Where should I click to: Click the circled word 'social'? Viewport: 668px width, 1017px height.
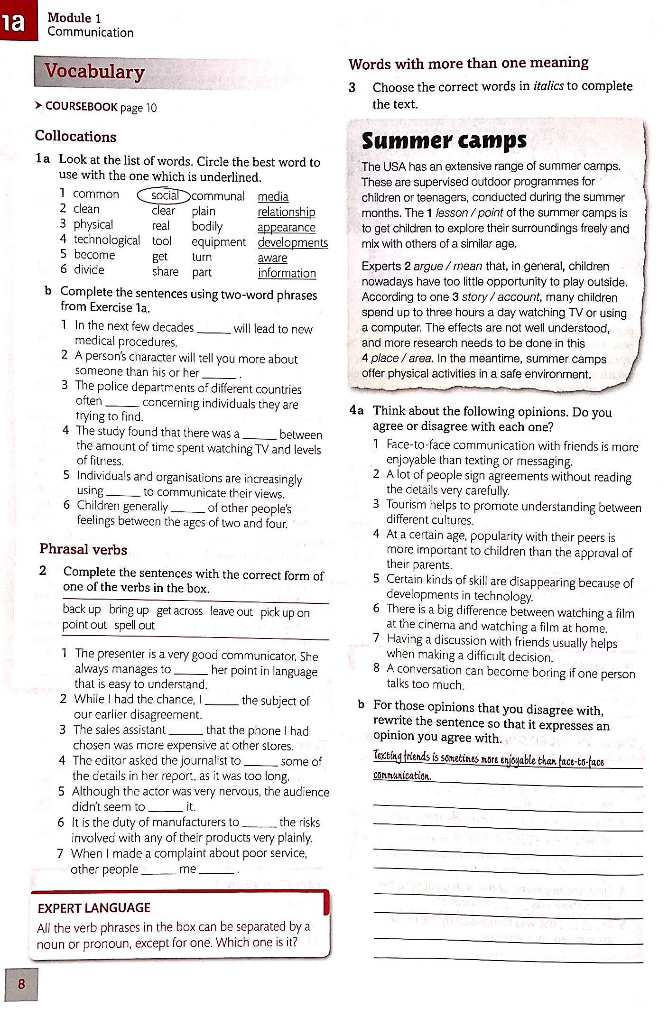click(x=164, y=195)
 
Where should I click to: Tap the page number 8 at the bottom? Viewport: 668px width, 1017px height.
click(x=21, y=984)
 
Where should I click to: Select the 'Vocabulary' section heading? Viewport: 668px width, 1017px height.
click(x=94, y=72)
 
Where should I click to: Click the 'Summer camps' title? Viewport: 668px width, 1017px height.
click(x=444, y=141)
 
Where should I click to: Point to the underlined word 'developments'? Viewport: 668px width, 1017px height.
click(x=293, y=242)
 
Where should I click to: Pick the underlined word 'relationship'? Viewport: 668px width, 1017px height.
click(x=286, y=212)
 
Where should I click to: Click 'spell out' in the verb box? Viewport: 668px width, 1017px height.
click(x=134, y=625)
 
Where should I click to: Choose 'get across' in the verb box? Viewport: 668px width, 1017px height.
click(x=179, y=610)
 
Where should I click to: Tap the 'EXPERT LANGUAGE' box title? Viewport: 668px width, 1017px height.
click(x=94, y=908)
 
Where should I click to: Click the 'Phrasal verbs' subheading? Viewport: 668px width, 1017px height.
click(x=83, y=549)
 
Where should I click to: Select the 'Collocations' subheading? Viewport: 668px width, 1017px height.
click(x=75, y=137)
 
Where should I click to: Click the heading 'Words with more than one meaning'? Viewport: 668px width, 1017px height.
click(x=468, y=63)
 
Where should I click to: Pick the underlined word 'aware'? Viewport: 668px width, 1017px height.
click(x=272, y=258)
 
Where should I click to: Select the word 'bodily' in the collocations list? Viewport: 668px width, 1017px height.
click(x=207, y=226)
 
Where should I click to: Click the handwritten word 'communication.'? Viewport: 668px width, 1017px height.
click(x=402, y=776)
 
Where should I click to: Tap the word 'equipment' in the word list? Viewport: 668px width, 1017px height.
click(x=218, y=242)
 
